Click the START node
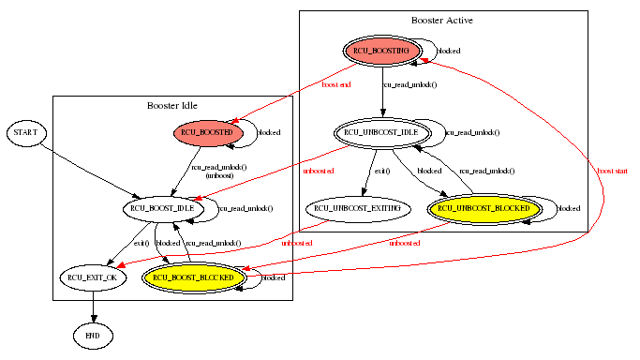click(25, 134)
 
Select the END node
click(93, 335)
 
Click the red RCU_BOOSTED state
click(208, 134)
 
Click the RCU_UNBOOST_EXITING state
click(356, 207)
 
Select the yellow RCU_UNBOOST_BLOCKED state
click(484, 207)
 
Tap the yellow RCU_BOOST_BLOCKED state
click(193, 277)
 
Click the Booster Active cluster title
click(443, 20)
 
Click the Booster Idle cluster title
click(172, 105)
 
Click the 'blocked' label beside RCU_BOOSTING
click(450, 51)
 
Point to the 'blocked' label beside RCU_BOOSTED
click(269, 133)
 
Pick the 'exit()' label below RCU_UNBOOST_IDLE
click(382, 172)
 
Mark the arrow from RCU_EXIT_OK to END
click(93, 306)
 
